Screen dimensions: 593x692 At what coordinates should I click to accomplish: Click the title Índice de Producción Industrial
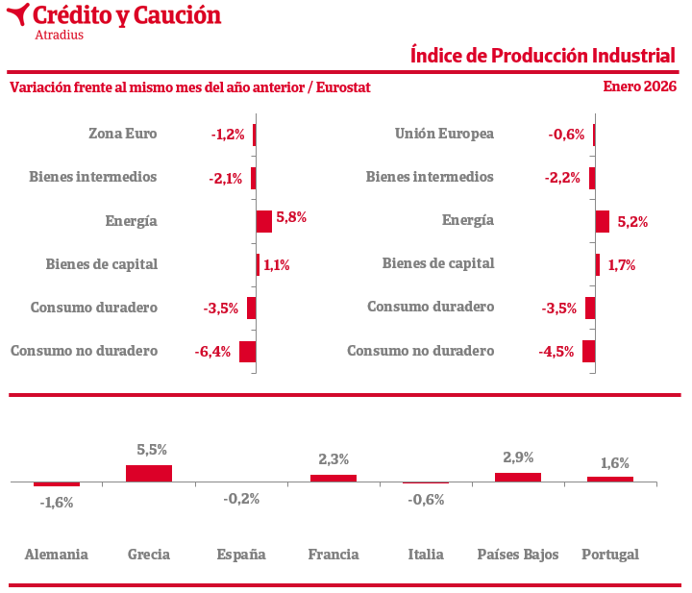(x=542, y=55)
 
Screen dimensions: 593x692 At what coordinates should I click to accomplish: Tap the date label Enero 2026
(x=639, y=86)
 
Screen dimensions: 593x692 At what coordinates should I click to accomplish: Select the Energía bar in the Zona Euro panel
(x=263, y=220)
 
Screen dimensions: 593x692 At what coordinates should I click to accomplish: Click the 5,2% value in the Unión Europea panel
(x=632, y=222)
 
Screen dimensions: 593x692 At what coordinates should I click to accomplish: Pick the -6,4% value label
(x=212, y=352)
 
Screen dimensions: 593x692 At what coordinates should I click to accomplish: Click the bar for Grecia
(x=149, y=473)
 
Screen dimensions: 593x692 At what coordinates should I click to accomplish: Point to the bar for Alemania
(x=57, y=483)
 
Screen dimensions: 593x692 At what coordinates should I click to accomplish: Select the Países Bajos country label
(x=518, y=555)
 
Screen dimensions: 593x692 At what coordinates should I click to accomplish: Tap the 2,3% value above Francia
(x=334, y=459)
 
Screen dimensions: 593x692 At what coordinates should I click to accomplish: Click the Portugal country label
(x=610, y=555)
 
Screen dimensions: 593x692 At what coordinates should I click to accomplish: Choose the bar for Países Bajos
(x=518, y=477)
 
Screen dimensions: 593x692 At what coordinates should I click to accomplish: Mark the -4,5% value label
(x=556, y=352)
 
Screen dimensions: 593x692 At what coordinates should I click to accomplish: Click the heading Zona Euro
(x=122, y=134)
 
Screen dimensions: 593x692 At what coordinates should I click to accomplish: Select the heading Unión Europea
(x=444, y=134)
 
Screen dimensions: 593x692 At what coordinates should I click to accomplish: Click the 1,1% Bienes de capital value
(x=277, y=265)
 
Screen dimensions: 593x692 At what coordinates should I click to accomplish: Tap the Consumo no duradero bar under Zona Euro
(x=247, y=352)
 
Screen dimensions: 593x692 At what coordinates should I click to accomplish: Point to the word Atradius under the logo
(x=59, y=35)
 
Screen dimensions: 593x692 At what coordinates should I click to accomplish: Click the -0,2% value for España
(x=241, y=499)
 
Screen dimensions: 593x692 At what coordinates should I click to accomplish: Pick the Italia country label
(x=426, y=555)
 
